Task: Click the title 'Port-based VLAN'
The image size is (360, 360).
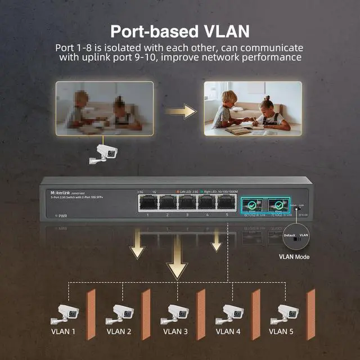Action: (x=179, y=30)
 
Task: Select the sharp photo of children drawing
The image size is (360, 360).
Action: (x=253, y=109)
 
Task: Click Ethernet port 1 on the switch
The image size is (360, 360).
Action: (x=148, y=202)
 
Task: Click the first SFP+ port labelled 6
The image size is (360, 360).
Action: (x=251, y=204)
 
